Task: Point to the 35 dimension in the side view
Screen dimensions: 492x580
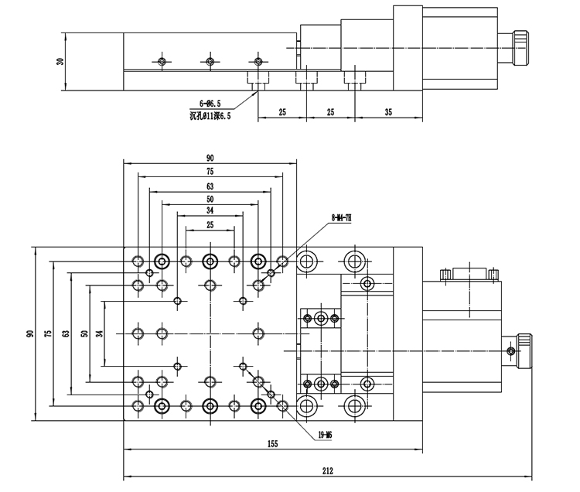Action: [x=387, y=112]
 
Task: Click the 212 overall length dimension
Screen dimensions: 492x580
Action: [x=328, y=469]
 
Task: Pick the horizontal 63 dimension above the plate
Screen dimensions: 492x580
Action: [x=210, y=186]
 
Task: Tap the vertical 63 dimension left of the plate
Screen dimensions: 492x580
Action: [x=66, y=333]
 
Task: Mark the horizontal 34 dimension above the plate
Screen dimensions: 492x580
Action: [x=210, y=210]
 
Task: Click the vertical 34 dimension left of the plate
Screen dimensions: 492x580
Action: [x=98, y=333]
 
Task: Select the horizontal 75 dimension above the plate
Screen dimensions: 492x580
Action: [x=210, y=171]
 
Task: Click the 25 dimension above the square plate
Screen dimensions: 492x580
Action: [x=210, y=224]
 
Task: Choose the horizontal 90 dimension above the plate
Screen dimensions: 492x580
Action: [x=210, y=158]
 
